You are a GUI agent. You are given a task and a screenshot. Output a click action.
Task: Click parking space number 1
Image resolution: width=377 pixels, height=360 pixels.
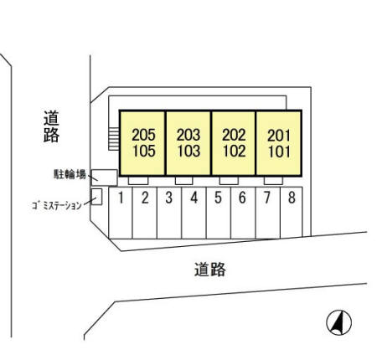click(x=121, y=213)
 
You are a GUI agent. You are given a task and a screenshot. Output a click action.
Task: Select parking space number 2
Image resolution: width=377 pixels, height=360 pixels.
click(x=145, y=213)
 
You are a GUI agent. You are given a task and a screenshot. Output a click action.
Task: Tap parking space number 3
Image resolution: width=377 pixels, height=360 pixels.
click(x=169, y=213)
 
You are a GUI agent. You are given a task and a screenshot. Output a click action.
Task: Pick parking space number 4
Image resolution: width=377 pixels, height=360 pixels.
click(x=194, y=213)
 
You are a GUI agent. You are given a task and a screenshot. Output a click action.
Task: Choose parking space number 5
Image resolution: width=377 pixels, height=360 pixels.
click(x=219, y=213)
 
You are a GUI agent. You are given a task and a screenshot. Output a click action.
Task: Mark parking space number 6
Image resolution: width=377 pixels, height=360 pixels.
click(x=243, y=213)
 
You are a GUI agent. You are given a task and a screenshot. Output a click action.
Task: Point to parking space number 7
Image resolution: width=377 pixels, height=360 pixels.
click(x=267, y=213)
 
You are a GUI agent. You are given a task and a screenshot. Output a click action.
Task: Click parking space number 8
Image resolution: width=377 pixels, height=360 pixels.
click(x=292, y=212)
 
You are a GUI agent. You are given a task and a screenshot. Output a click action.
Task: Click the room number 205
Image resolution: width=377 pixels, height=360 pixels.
click(x=143, y=135)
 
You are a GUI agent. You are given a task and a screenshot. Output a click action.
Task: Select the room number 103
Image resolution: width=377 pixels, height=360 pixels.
click(x=188, y=152)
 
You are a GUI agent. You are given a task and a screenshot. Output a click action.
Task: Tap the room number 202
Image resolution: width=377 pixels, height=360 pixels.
click(x=234, y=135)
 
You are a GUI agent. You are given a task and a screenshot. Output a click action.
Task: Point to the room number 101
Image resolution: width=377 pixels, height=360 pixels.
click(x=279, y=152)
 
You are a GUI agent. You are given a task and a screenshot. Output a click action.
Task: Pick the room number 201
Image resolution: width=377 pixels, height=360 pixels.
click(x=279, y=136)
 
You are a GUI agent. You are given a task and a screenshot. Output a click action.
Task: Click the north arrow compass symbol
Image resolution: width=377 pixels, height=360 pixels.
click(x=339, y=322)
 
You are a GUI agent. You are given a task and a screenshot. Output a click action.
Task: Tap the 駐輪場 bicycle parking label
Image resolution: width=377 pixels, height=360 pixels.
click(x=70, y=174)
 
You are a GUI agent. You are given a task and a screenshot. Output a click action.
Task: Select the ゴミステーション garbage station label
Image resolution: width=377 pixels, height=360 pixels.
click(x=57, y=206)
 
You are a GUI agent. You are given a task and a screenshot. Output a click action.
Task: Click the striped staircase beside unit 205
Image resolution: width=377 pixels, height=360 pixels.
click(x=114, y=139)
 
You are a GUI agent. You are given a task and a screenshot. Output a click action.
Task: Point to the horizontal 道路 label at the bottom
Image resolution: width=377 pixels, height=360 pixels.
click(x=210, y=270)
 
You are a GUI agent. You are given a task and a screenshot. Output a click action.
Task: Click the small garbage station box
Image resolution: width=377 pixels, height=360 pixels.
click(x=97, y=197)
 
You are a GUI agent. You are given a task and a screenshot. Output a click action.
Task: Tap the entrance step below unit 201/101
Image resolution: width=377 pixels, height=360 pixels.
click(x=273, y=181)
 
